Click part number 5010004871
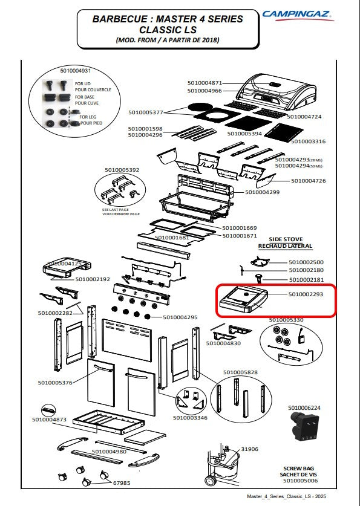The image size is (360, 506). [x=205, y=83]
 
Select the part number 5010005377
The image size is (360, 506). [x=146, y=112]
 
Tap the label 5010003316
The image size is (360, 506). [x=309, y=141]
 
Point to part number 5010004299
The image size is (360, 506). [x=262, y=192]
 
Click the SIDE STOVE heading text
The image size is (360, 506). [x=286, y=239]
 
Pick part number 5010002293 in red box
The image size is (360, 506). [x=306, y=294]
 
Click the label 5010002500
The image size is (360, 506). [x=306, y=262]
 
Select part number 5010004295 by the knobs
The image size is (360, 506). [x=180, y=317]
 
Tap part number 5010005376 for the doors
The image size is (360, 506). [x=55, y=383]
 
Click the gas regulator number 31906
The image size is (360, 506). [x=249, y=449]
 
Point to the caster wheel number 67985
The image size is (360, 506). [x=122, y=483]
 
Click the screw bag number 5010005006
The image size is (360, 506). [x=300, y=481]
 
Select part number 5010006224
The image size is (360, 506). [x=304, y=408]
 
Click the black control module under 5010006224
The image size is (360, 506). [x=304, y=427]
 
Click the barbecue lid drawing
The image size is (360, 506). [x=276, y=92]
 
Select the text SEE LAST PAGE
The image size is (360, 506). [x=116, y=210]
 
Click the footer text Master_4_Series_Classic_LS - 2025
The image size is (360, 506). [x=286, y=496]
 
